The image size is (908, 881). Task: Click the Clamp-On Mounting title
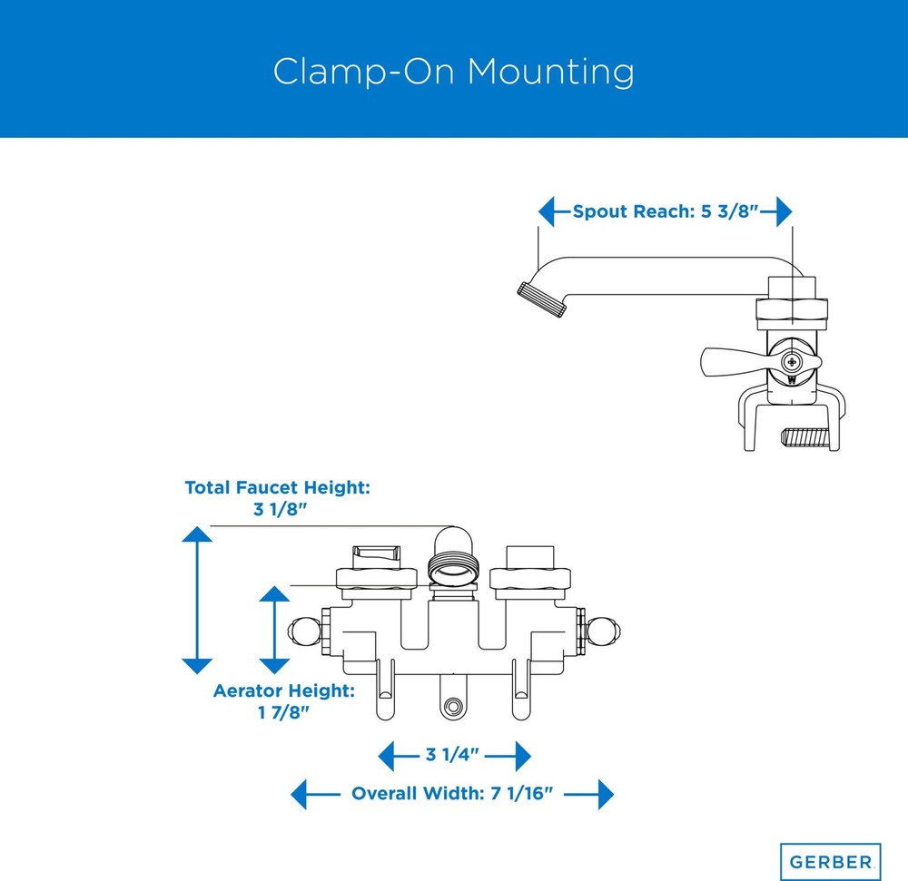point(453,72)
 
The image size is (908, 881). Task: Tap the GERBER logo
point(831,862)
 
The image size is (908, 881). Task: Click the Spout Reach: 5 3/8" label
point(666,211)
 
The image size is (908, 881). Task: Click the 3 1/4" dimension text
point(452,754)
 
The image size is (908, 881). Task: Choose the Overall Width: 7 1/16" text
point(452,793)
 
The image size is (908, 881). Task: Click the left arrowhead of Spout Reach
point(547,211)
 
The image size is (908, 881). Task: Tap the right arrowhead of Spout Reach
point(785,211)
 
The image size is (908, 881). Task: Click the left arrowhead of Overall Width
point(299,794)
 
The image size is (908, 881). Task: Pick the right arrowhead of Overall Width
point(606,794)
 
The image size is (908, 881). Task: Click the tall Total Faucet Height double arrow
point(197,600)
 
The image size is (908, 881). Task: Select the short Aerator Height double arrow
point(274,630)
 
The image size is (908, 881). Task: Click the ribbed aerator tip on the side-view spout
point(541,299)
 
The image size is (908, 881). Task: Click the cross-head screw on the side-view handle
point(792,363)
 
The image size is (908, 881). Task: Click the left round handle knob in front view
point(304,631)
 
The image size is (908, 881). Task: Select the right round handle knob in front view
point(604,631)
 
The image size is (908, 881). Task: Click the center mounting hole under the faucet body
point(451,706)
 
